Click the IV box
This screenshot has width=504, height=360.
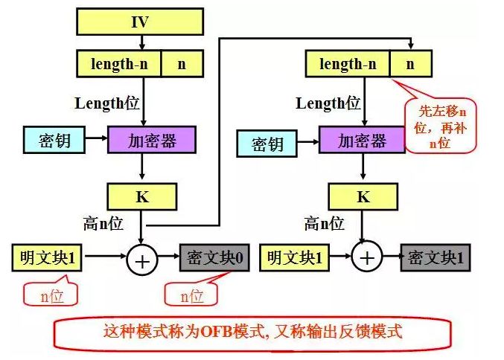pyautogui.click(x=140, y=22)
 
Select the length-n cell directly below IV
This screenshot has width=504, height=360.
pyautogui.click(x=118, y=63)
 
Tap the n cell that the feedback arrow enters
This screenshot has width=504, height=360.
pyautogui.click(x=410, y=63)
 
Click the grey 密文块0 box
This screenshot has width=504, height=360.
pyautogui.click(x=214, y=257)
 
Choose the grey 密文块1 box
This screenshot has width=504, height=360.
pyautogui.click(x=436, y=257)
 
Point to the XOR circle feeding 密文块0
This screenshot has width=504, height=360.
pyautogui.click(x=142, y=260)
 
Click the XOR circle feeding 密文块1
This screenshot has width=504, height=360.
pyautogui.click(x=367, y=257)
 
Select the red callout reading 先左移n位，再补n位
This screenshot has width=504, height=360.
pyautogui.click(x=440, y=126)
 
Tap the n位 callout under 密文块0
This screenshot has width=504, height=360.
pyautogui.click(x=191, y=293)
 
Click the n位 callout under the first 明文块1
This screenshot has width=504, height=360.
pyautogui.click(x=51, y=293)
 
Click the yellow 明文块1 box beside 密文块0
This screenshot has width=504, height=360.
pyautogui.click(x=47, y=257)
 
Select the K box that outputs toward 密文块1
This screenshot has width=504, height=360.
pyautogui.click(x=363, y=196)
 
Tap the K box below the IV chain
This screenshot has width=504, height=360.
pyautogui.click(x=142, y=196)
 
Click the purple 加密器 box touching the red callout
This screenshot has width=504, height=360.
pyautogui.click(x=362, y=140)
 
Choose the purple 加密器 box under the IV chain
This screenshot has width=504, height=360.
pyautogui.click(x=152, y=140)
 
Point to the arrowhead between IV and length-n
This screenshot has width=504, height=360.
pyautogui.click(x=141, y=47)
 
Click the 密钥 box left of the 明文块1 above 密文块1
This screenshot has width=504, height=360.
pyautogui.click(x=267, y=144)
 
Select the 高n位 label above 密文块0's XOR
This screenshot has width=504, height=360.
pyautogui.click(x=103, y=223)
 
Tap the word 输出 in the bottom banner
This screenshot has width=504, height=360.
pyautogui.click(x=322, y=331)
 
